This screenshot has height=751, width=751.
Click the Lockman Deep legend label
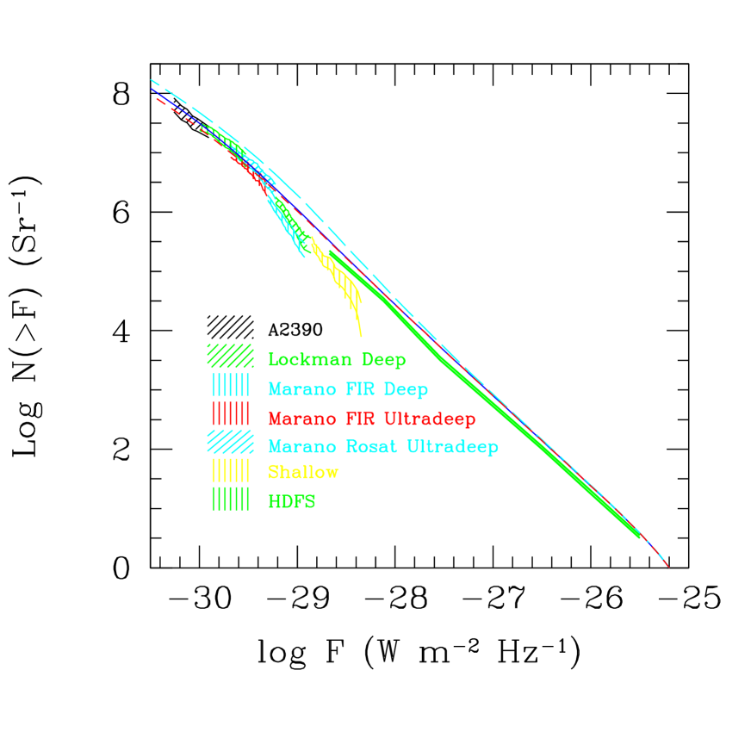(x=337, y=360)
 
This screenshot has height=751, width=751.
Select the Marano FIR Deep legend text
(x=348, y=389)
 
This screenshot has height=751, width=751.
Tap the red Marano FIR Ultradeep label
(x=371, y=419)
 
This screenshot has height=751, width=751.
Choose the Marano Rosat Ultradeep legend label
(x=383, y=446)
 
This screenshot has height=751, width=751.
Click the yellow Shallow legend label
(x=303, y=472)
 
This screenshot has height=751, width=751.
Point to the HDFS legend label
(x=292, y=501)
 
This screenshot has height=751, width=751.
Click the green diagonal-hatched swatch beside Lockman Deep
(x=231, y=356)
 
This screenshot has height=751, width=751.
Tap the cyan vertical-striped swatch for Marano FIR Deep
(x=231, y=384)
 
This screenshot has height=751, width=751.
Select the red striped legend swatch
(x=231, y=413)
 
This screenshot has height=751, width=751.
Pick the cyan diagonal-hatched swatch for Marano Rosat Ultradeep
(x=231, y=442)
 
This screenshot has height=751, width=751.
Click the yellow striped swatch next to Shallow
(x=231, y=470)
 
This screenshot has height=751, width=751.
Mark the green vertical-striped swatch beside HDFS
(x=231, y=499)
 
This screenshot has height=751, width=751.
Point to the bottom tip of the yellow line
(x=361, y=335)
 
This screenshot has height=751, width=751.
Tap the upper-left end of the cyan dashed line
(x=152, y=80)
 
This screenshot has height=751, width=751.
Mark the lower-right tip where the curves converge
(x=668, y=567)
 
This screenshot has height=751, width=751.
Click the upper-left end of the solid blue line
(x=152, y=89)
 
